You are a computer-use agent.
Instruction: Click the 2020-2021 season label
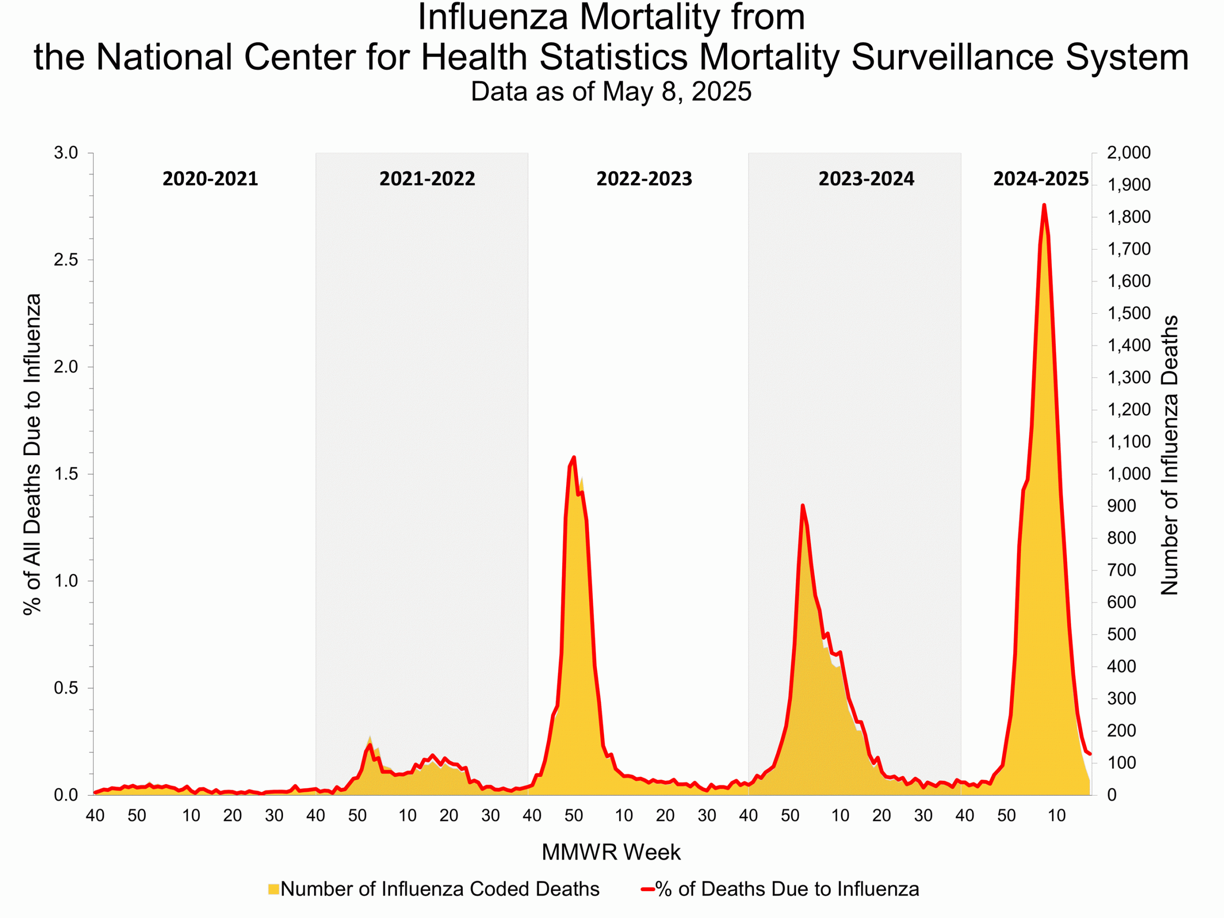click(x=210, y=179)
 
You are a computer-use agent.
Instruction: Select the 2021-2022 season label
click(x=426, y=179)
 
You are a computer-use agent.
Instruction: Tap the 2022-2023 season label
click(x=644, y=179)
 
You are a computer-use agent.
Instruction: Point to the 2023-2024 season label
click(x=866, y=179)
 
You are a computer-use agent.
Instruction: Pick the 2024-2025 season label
click(x=1040, y=179)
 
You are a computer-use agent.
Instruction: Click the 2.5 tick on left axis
click(x=66, y=260)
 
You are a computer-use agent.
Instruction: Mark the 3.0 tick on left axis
click(x=66, y=153)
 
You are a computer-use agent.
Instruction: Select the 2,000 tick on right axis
click(x=1128, y=153)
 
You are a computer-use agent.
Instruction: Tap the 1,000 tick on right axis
click(x=1128, y=474)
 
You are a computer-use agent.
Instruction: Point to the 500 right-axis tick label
click(x=1121, y=634)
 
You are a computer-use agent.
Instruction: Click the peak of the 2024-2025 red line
click(x=1044, y=205)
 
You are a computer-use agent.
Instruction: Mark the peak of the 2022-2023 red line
click(x=574, y=457)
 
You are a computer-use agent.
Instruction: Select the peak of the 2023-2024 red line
click(x=802, y=505)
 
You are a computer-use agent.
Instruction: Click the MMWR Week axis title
click(x=611, y=852)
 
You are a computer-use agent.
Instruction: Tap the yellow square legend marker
click(x=273, y=889)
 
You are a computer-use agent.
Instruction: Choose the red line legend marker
click(x=647, y=889)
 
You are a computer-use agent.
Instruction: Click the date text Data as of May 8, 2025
click(x=611, y=91)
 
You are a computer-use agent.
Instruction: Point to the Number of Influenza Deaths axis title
click(x=1169, y=455)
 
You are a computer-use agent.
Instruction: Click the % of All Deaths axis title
click(x=32, y=454)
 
